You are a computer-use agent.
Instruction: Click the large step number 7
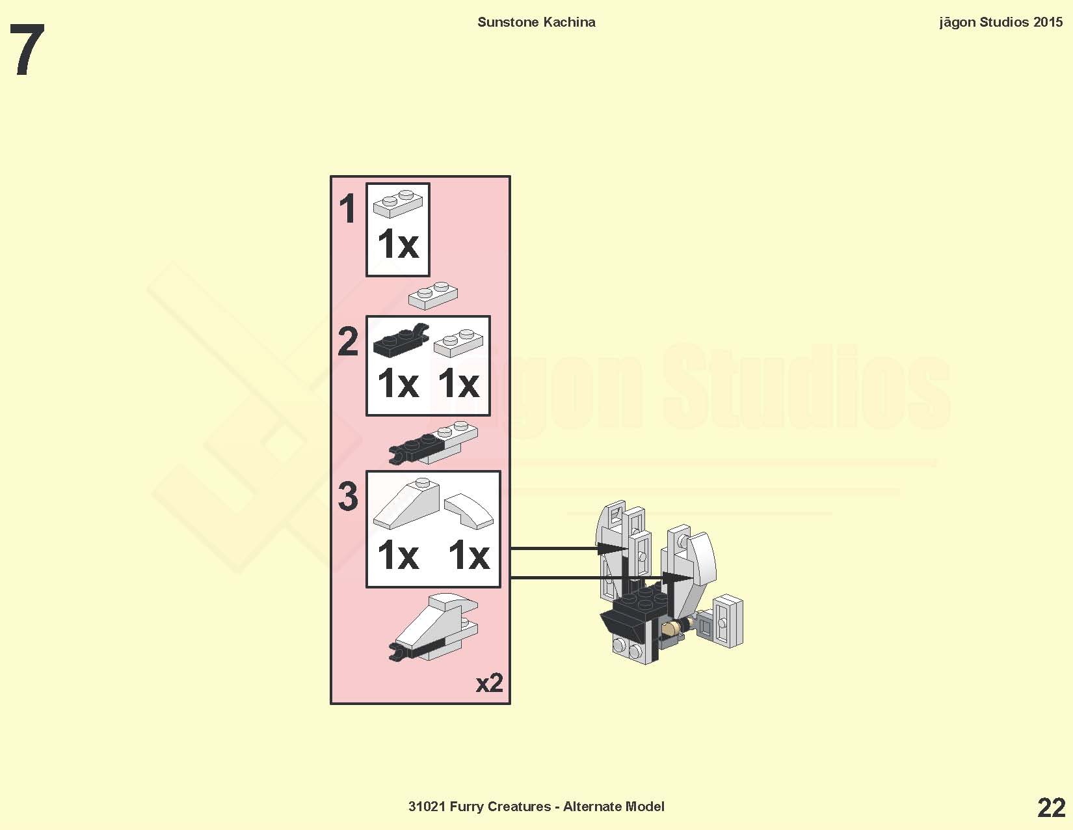28,50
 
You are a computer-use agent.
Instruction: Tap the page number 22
1052,808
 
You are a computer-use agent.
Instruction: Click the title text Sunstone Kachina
536,22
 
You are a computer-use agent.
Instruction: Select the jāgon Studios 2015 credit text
1001,22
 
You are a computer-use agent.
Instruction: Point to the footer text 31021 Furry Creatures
479,807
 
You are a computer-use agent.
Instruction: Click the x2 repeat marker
489,683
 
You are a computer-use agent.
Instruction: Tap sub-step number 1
348,208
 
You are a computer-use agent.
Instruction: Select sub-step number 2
348,341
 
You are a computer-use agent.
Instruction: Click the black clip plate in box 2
401,340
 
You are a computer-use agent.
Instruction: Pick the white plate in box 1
398,203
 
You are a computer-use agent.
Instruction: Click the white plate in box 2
458,342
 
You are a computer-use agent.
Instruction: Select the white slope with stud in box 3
406,503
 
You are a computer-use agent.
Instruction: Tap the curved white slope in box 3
469,511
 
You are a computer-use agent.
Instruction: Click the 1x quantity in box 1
398,244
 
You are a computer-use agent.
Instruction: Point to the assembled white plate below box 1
433,296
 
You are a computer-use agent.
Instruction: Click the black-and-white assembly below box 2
433,443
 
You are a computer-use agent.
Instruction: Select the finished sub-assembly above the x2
433,628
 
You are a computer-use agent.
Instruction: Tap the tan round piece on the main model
670,629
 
